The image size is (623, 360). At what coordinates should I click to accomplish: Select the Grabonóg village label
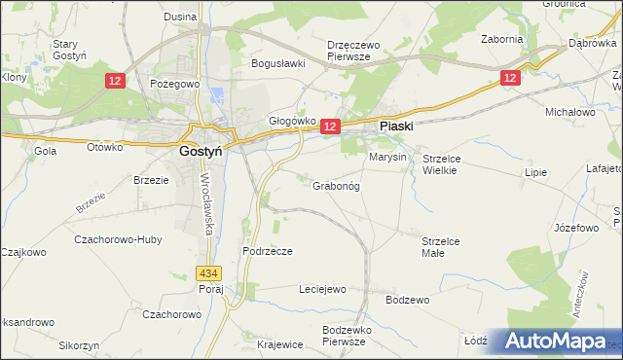click(337, 185)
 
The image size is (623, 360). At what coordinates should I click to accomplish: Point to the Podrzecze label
click(268, 250)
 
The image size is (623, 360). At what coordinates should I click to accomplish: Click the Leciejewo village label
click(321, 289)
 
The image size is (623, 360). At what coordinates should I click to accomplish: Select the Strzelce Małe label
click(446, 246)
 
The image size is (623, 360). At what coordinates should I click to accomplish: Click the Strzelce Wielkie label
click(448, 163)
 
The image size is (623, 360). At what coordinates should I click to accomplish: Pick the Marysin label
click(386, 157)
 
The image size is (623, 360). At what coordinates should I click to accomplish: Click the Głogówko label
click(292, 121)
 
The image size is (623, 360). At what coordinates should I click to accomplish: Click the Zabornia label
click(502, 39)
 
